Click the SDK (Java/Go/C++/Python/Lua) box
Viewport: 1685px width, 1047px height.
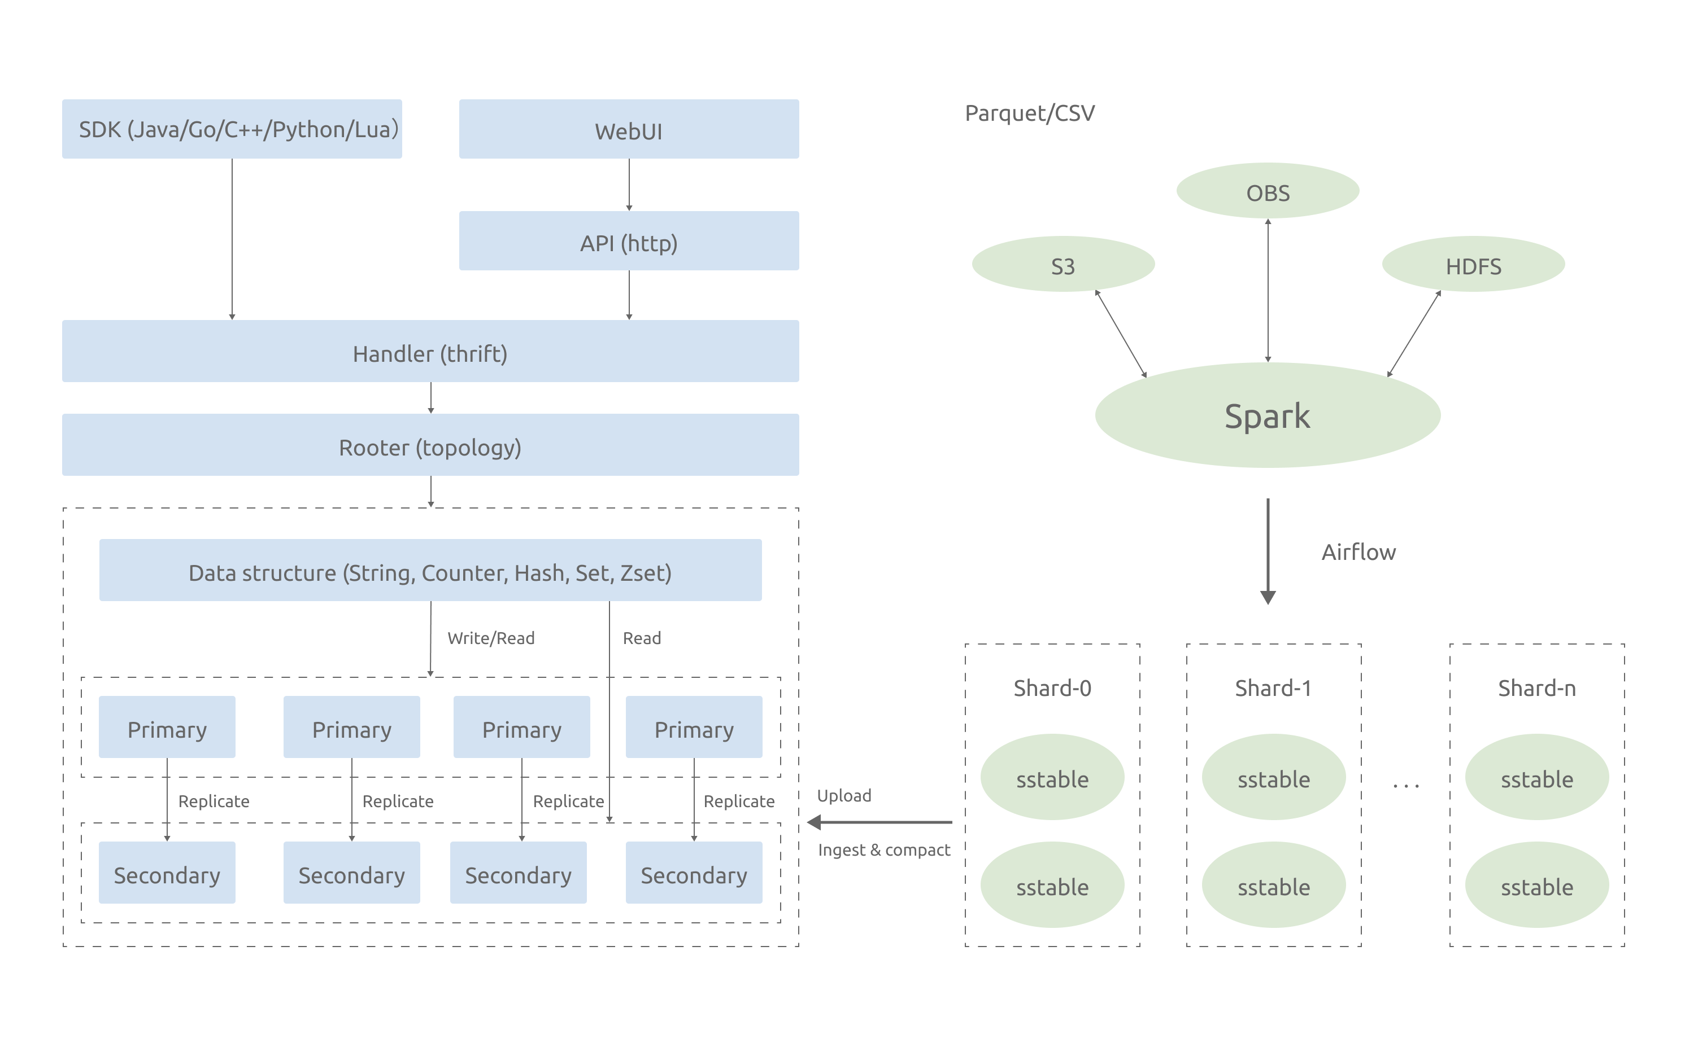point(232,129)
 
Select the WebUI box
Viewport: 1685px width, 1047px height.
point(629,129)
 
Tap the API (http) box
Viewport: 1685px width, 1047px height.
point(629,241)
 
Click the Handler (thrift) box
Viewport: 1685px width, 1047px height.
point(431,351)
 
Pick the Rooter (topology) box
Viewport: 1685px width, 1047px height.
point(431,445)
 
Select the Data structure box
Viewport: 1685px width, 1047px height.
point(431,570)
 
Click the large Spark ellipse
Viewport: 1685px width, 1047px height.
point(1268,415)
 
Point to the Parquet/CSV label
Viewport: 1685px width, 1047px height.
point(1030,113)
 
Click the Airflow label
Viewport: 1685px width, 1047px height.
point(1359,552)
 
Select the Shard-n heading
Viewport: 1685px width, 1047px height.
point(1537,688)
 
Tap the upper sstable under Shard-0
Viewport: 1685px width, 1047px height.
point(1052,777)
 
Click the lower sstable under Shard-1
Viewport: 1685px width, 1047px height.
point(1274,885)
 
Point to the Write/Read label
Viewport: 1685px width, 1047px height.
point(491,638)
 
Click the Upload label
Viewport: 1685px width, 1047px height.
point(844,796)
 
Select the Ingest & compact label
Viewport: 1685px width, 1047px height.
point(884,851)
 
